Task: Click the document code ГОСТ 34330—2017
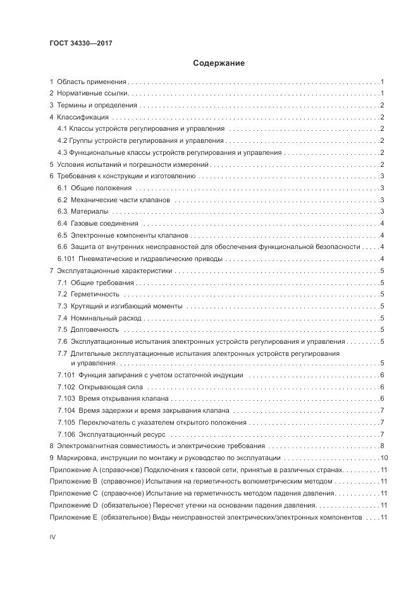pos(81,43)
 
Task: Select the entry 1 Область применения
pos(89,82)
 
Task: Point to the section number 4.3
pos(62,152)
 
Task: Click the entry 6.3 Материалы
pos(82,210)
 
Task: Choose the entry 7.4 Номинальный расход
pos(99,317)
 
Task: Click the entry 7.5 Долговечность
pos(88,329)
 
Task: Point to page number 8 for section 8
pos(383,446)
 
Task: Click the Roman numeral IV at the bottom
pos(53,536)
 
